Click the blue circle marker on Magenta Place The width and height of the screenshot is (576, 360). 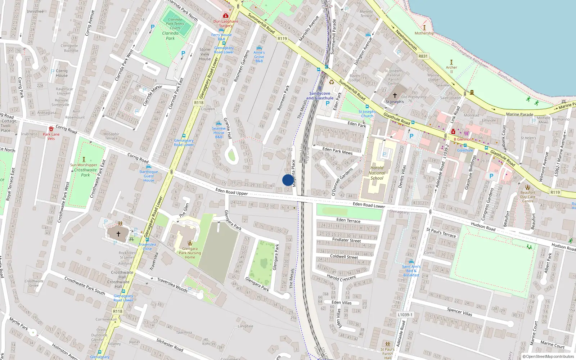[x=288, y=180]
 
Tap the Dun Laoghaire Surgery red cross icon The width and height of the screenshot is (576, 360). [x=226, y=15]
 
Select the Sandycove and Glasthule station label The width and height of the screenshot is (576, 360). [x=320, y=96]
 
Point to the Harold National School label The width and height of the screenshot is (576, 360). [x=377, y=173]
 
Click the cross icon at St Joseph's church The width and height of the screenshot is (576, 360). [x=395, y=95]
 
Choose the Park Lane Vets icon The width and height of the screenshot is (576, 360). [x=51, y=129]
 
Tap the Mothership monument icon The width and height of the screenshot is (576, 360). [x=424, y=28]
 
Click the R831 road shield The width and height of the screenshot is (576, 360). [x=423, y=56]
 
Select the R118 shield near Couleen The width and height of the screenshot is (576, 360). [x=199, y=103]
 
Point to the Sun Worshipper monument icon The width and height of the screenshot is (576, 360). [x=84, y=159]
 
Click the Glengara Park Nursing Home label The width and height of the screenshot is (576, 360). [x=190, y=253]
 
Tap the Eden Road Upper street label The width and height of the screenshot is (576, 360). [x=231, y=192]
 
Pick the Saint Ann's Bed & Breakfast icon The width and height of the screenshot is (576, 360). [x=411, y=262]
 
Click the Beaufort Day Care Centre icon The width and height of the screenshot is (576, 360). [x=527, y=187]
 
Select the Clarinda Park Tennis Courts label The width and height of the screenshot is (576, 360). [x=175, y=24]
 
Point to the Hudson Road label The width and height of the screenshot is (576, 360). [x=483, y=226]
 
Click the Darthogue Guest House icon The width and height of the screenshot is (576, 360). [x=149, y=167]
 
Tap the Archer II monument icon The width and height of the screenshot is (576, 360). [x=451, y=62]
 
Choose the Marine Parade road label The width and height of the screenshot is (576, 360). [x=519, y=114]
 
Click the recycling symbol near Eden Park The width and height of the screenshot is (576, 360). [x=332, y=82]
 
